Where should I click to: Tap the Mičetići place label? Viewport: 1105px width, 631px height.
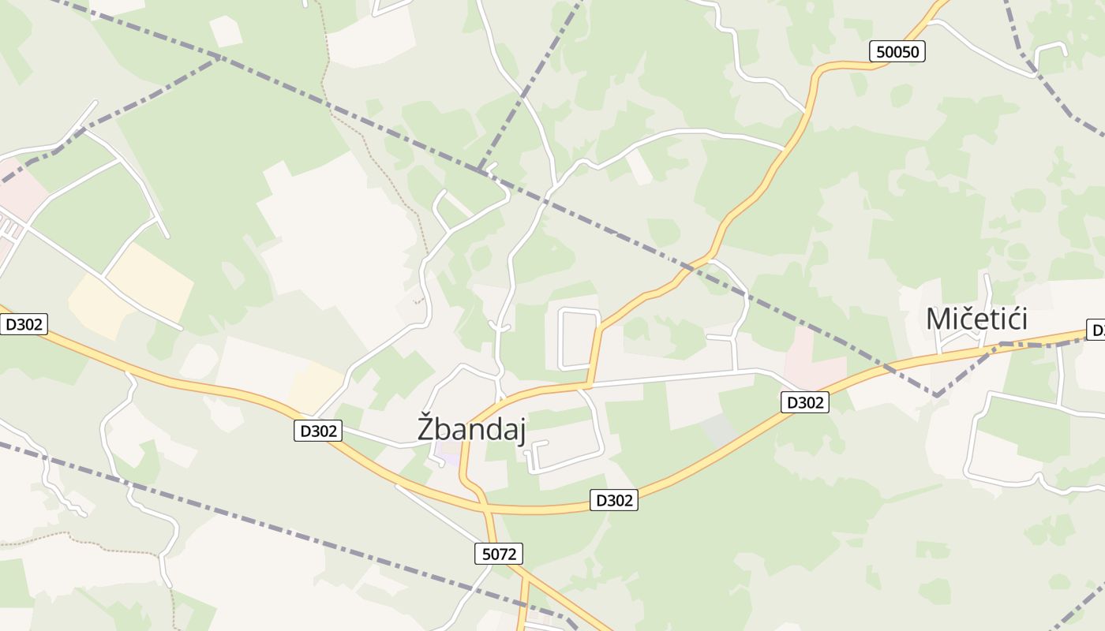click(x=976, y=319)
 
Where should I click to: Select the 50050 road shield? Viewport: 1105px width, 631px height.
click(x=898, y=52)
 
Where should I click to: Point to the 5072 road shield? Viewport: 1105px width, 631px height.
click(x=499, y=554)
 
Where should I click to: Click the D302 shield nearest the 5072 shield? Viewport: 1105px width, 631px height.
click(x=613, y=500)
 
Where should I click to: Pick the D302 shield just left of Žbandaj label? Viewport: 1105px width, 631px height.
click(x=318, y=431)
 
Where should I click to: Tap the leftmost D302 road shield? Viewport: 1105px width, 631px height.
click(x=24, y=324)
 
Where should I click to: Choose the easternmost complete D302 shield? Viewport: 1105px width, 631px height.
click(x=805, y=402)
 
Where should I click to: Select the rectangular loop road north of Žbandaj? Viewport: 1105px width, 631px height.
click(x=579, y=338)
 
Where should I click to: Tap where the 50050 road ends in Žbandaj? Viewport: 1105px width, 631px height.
click(x=587, y=385)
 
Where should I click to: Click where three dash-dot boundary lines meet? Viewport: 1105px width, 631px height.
click(x=478, y=169)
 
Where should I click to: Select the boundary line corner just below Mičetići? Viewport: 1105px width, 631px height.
click(x=936, y=394)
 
